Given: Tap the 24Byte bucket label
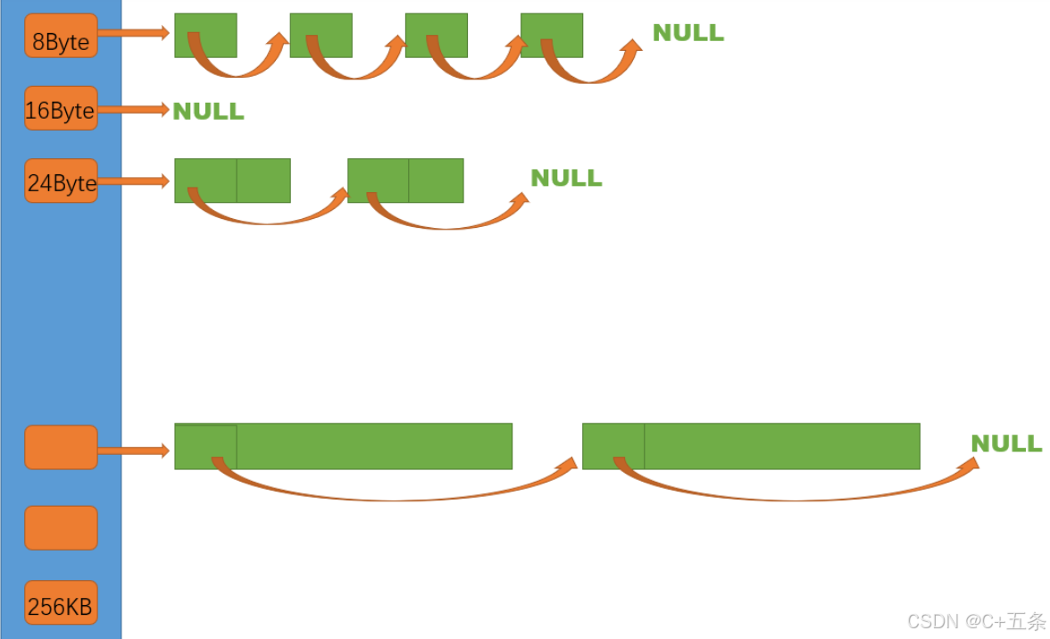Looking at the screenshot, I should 61,181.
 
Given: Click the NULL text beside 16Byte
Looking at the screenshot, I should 208,112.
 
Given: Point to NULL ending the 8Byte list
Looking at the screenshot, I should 687,33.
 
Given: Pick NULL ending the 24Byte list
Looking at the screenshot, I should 566,178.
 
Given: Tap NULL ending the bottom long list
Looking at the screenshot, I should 1006,444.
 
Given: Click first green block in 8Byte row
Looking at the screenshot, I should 205,35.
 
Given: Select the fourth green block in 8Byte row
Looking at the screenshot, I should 552,35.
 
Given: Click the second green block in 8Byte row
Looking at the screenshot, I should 321,35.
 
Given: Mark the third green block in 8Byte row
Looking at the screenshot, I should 436,35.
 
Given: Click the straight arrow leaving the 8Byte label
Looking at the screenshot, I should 133,33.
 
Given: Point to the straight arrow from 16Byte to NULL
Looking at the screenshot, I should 133,109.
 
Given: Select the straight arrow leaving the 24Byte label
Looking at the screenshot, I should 133,181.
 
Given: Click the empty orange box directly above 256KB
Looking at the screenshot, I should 61,527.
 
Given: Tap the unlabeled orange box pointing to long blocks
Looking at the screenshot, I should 61,447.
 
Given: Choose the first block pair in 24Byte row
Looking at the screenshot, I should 232,180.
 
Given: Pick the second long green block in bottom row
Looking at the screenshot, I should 751,446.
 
